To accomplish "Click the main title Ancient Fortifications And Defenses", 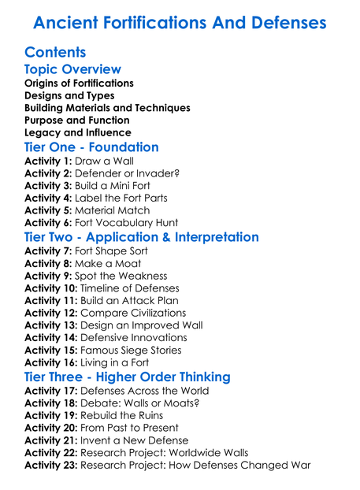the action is [x=180, y=21].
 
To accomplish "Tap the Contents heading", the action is [x=55, y=53].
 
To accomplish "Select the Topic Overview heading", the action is [x=72, y=70].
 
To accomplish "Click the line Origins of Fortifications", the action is [x=79, y=83].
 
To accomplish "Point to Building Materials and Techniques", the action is [x=107, y=108].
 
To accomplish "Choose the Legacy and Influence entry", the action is [x=77, y=133].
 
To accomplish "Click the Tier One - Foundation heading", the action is [x=91, y=147].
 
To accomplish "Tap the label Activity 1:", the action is [x=48, y=161].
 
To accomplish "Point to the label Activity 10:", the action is [x=51, y=288].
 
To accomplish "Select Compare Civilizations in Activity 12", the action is [x=139, y=314].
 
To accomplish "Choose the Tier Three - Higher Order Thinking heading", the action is [x=128, y=377].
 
